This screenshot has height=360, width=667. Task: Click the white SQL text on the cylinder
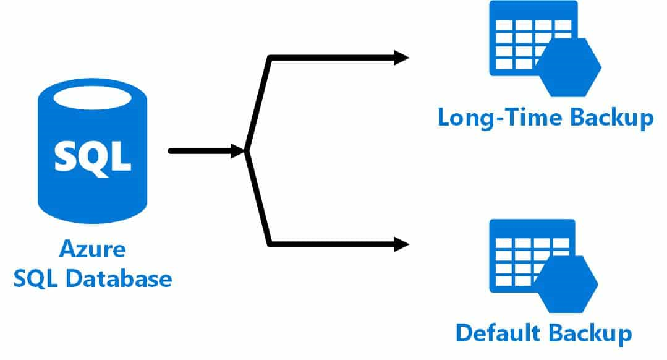[x=93, y=155]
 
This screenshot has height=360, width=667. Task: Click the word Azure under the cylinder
[x=93, y=251]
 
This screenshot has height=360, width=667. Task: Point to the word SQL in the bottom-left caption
[x=36, y=278]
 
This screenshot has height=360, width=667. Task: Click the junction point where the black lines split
[x=247, y=150]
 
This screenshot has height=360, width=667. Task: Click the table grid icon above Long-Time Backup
[x=519, y=37]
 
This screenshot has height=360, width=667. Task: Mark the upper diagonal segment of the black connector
[x=258, y=103]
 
